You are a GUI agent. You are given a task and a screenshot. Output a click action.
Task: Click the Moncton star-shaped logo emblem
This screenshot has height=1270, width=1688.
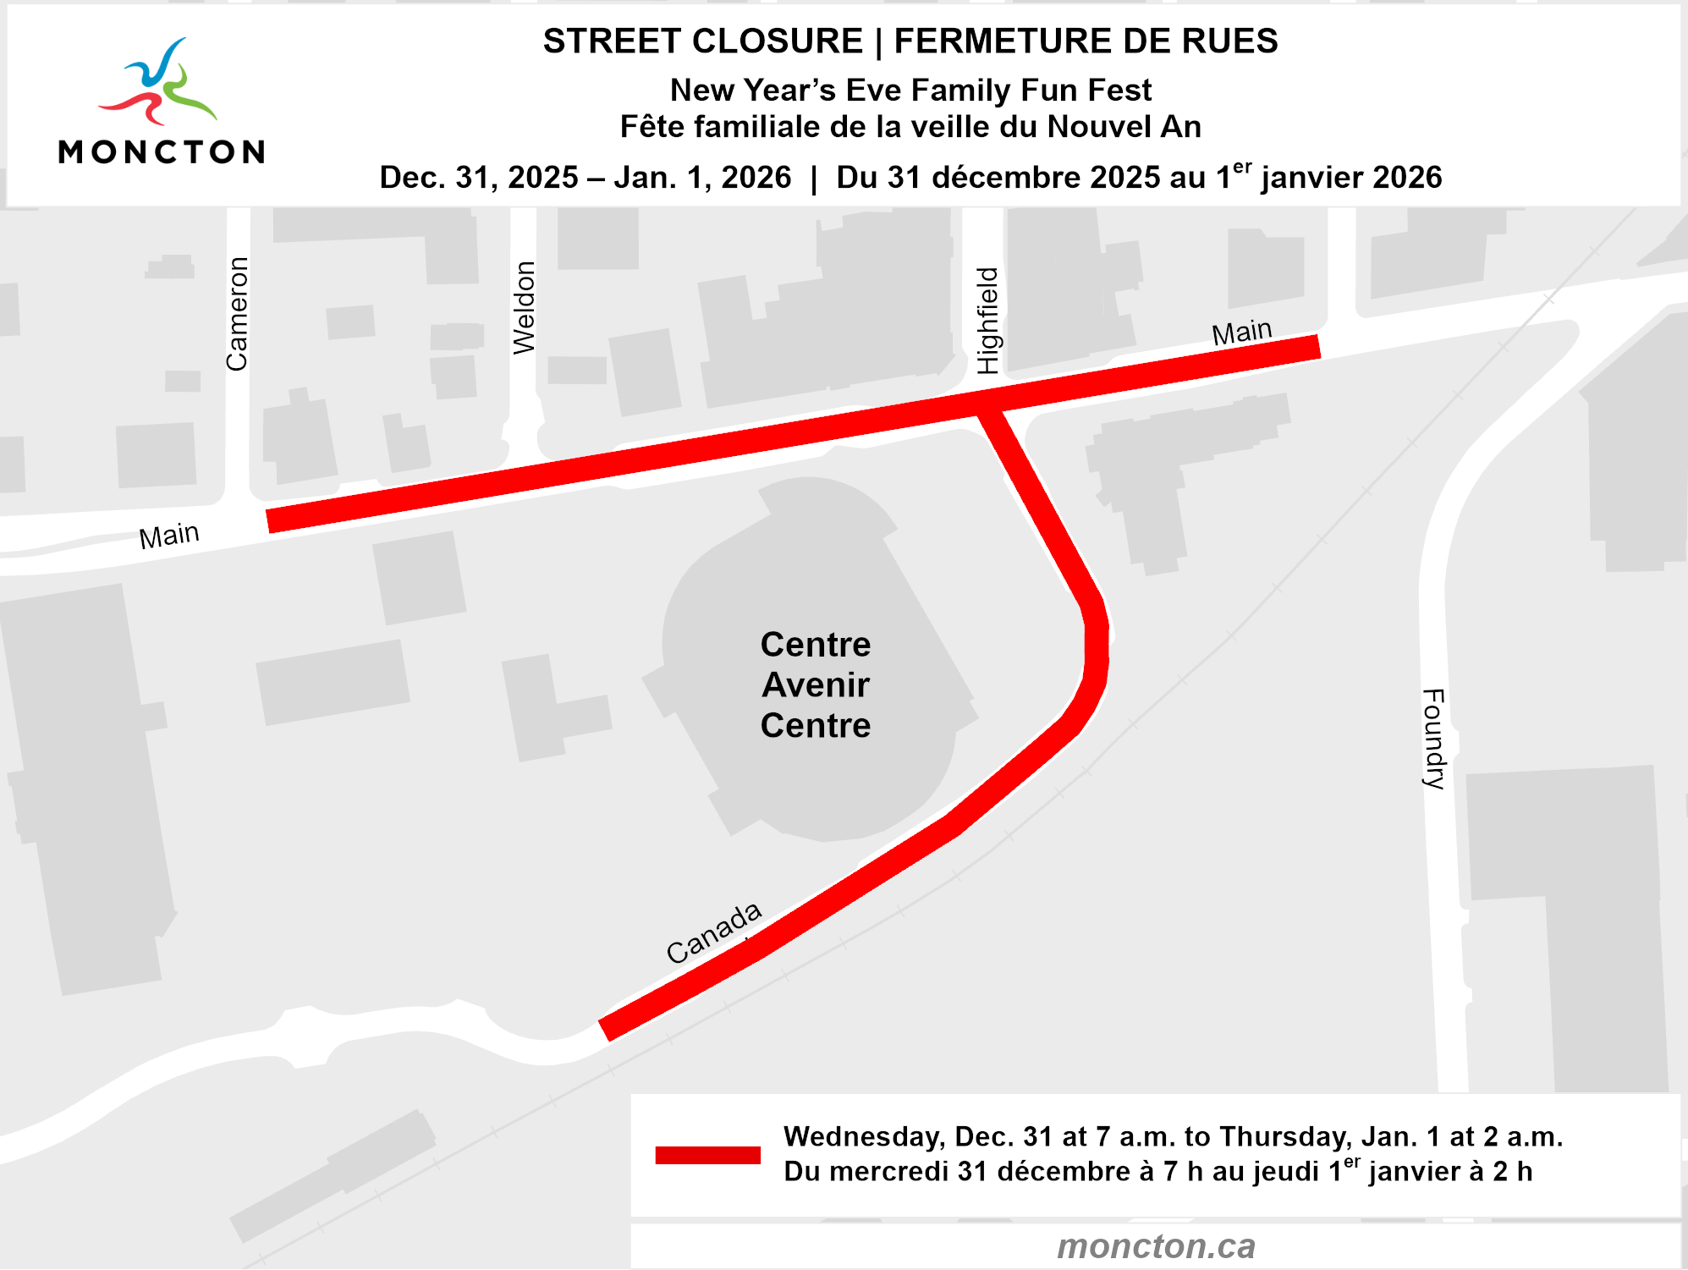click(158, 83)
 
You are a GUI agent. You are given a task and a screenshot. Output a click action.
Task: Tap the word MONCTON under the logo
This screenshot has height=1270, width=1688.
click(161, 152)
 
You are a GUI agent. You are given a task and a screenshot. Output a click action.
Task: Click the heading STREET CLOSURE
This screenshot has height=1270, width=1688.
click(702, 41)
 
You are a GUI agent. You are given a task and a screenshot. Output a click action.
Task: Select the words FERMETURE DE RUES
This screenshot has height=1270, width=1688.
click(1086, 41)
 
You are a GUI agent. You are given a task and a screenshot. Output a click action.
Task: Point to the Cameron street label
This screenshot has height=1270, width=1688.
click(237, 314)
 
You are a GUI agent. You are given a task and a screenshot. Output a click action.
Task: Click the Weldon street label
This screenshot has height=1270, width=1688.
click(524, 308)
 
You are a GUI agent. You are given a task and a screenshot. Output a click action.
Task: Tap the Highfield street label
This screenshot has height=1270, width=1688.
click(987, 321)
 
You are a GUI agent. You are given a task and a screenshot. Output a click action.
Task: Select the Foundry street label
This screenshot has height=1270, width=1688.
click(1433, 739)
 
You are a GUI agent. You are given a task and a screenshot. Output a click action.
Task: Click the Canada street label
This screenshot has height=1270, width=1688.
click(714, 932)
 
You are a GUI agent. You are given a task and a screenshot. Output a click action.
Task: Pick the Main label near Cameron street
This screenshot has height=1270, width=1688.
click(169, 536)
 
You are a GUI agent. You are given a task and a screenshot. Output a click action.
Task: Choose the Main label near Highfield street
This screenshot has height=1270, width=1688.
click(1241, 332)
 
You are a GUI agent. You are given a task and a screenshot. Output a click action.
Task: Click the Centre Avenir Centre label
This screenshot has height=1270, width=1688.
click(815, 684)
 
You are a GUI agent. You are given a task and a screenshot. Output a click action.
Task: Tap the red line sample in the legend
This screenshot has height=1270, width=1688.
click(707, 1155)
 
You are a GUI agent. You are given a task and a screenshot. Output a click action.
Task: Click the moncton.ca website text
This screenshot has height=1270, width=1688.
click(1156, 1245)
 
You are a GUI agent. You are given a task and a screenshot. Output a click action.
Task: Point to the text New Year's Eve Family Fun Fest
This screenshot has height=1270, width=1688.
click(910, 90)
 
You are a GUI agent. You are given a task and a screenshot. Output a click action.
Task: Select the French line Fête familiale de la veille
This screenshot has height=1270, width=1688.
click(910, 127)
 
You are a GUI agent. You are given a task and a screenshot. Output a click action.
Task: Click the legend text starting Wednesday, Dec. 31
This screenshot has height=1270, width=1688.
click(1173, 1136)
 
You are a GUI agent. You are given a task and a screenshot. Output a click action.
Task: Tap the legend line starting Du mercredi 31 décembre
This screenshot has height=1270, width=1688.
click(1157, 1172)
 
